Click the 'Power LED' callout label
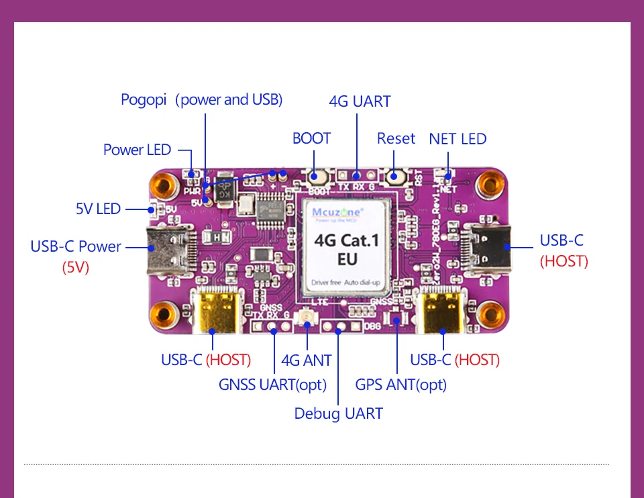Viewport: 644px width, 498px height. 137,150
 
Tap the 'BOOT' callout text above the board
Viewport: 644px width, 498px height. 311,138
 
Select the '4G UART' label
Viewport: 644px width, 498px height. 360,101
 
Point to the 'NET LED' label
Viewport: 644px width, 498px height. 458,139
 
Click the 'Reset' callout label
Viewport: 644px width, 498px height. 396,138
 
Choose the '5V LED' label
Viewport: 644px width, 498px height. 98,209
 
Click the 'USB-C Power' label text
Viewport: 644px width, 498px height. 76,246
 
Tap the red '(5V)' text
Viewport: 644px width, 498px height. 76,267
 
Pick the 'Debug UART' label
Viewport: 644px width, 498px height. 338,413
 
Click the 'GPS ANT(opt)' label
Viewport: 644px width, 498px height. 400,385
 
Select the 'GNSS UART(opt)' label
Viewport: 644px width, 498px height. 272,385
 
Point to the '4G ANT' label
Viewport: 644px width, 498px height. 306,360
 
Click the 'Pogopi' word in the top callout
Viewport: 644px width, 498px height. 143,100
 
